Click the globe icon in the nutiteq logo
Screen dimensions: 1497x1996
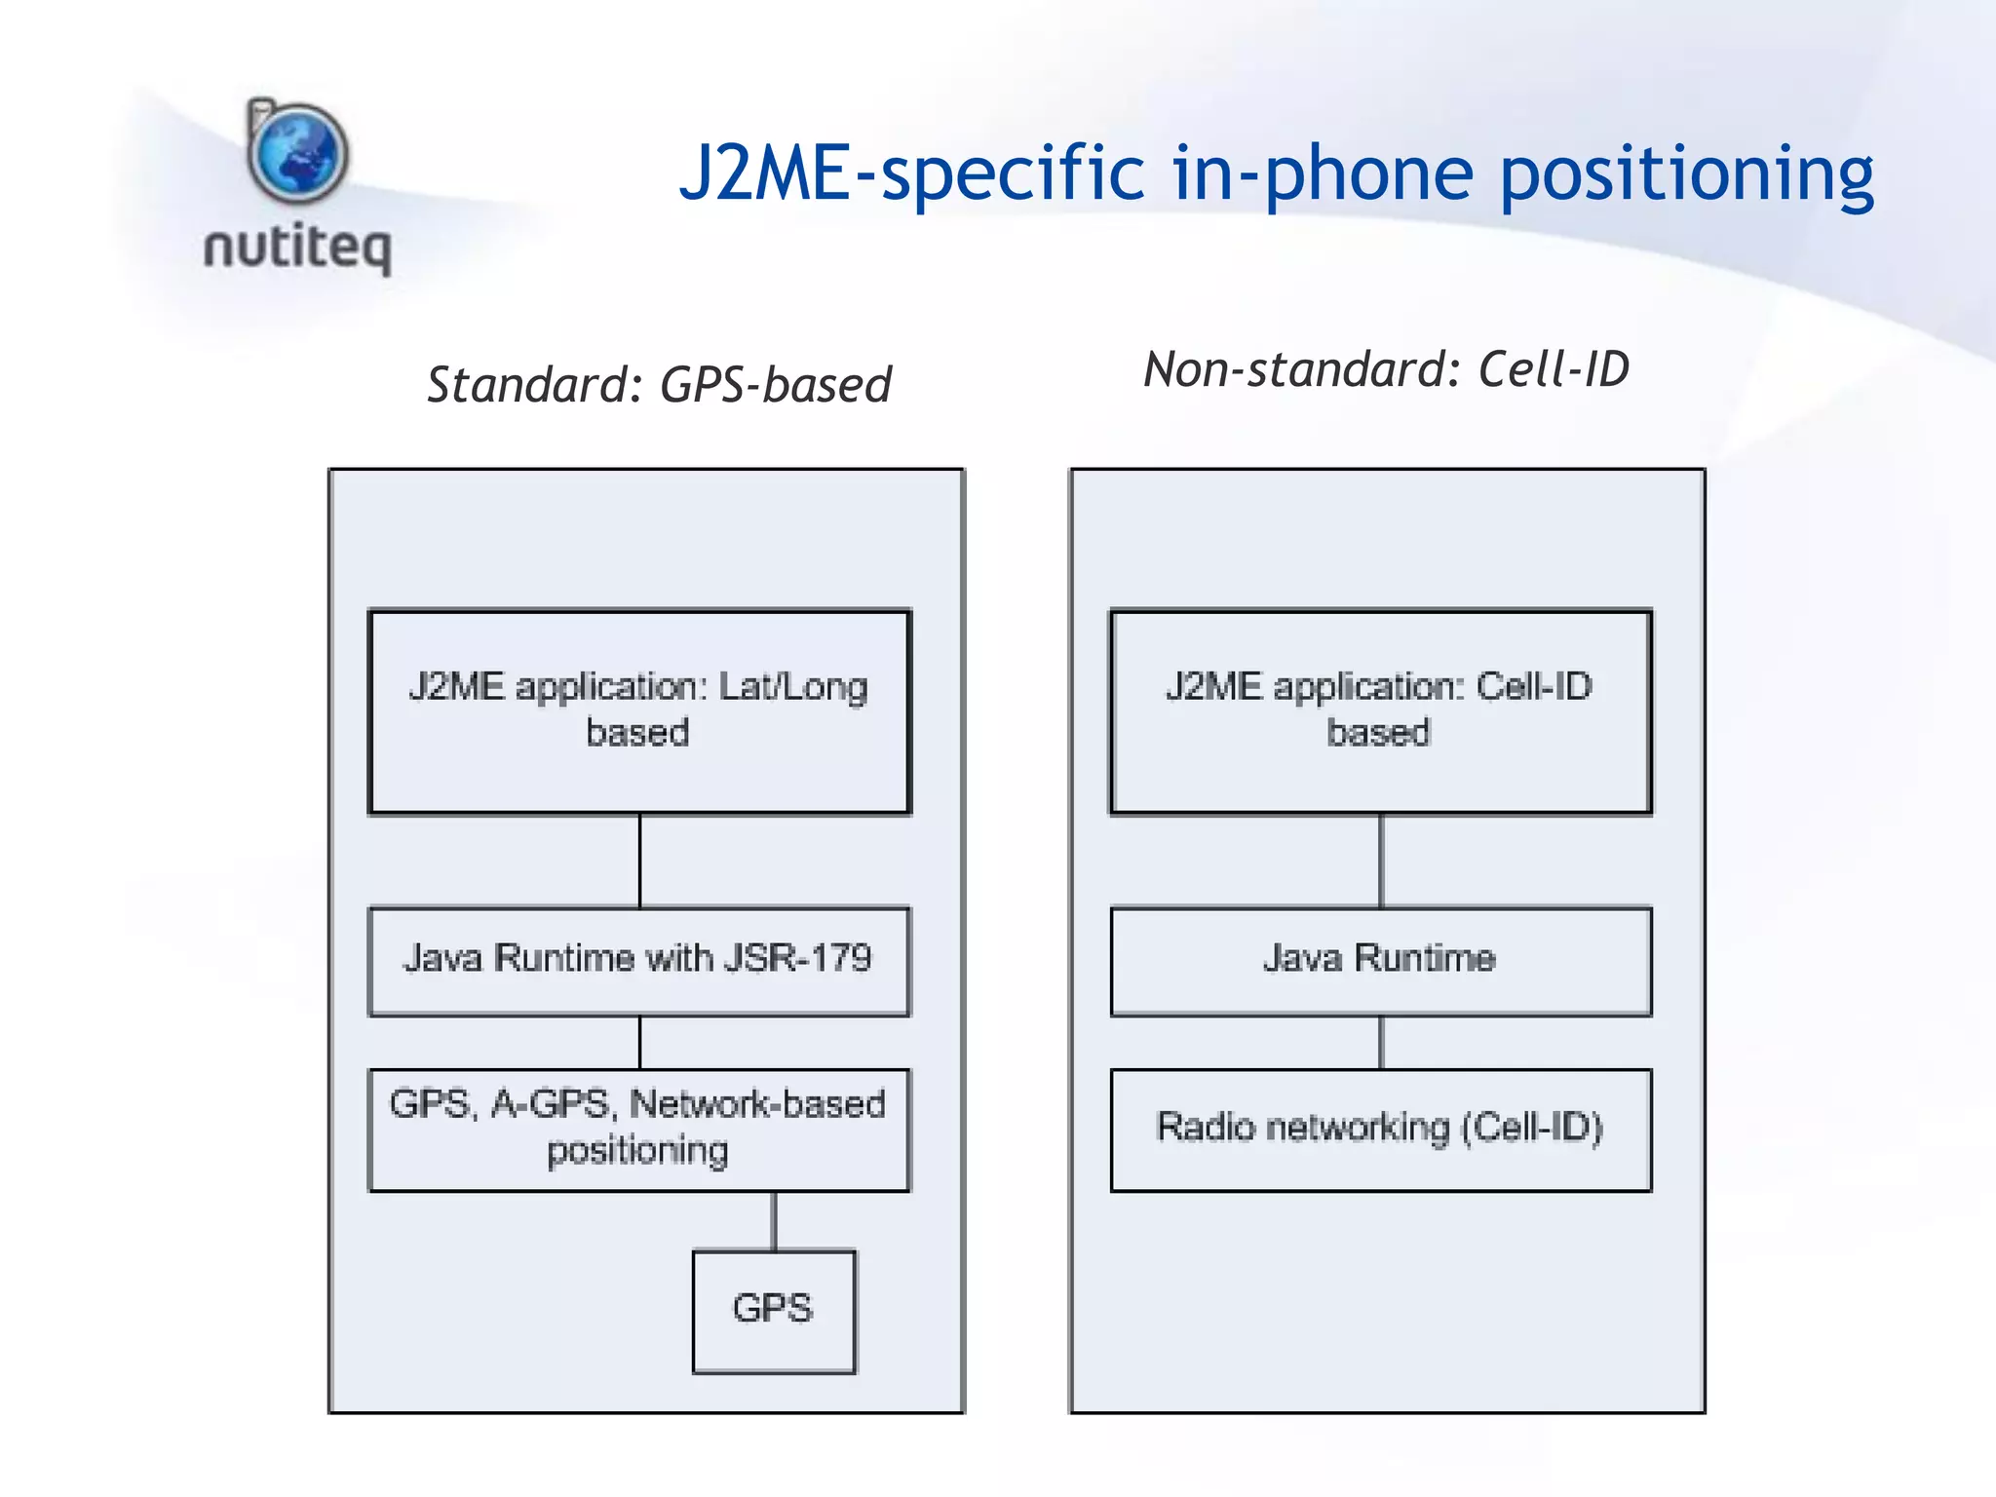pos(297,153)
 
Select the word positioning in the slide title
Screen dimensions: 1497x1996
pos(1686,175)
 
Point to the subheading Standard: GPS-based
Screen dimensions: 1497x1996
pos(659,384)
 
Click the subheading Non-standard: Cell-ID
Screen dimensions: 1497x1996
pos(1386,369)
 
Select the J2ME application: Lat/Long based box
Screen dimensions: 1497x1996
pos(639,711)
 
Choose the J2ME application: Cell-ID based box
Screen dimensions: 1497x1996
pos(1380,711)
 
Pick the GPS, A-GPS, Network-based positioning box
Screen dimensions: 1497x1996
pos(639,1130)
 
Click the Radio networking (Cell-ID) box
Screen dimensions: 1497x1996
pos(1380,1130)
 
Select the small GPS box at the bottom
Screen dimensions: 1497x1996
pos(774,1311)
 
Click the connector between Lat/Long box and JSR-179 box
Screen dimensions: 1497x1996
pos(639,861)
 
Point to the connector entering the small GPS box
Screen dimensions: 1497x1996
pos(774,1221)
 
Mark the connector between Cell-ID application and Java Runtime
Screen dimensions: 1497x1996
pos(1380,861)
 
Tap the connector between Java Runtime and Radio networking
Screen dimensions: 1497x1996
pos(1380,1043)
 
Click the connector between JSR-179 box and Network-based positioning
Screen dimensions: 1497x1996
pos(639,1043)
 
